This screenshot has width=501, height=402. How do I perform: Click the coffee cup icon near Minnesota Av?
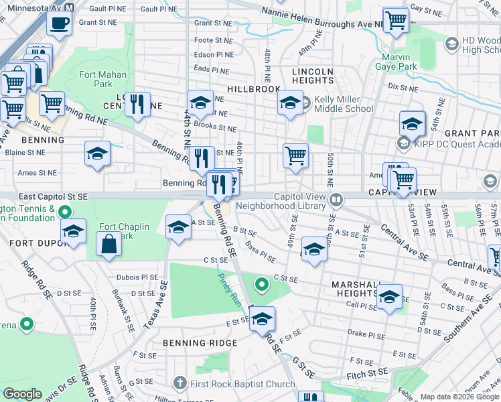point(59,23)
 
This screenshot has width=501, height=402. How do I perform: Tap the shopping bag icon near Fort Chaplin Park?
point(109,245)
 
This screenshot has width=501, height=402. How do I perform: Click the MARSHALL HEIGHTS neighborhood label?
point(363,289)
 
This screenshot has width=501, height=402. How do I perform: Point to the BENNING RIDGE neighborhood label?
point(200,343)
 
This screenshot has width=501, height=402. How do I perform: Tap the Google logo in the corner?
point(22,394)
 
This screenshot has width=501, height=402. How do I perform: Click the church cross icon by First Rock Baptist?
point(179,384)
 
